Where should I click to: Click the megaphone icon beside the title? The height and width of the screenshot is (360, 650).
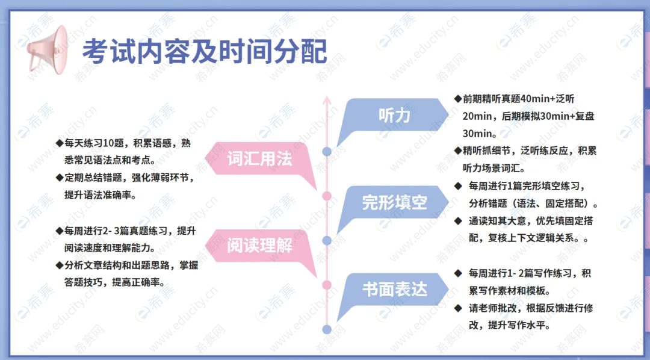(x=48, y=50)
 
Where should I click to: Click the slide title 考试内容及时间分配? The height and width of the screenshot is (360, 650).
(x=205, y=51)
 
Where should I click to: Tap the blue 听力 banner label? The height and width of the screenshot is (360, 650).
(x=394, y=116)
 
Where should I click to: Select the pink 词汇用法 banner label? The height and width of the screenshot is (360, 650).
(x=259, y=158)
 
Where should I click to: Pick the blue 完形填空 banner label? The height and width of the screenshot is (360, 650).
(x=394, y=202)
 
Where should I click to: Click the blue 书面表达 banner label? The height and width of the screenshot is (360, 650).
(x=394, y=290)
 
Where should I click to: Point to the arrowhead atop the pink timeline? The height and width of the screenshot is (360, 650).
(x=327, y=100)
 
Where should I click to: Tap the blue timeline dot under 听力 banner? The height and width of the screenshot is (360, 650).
(x=327, y=151)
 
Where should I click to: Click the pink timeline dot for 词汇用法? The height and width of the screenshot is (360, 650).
(x=327, y=196)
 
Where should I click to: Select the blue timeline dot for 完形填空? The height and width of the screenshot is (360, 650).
(x=327, y=241)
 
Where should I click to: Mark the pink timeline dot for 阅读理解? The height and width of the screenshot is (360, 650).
(x=327, y=285)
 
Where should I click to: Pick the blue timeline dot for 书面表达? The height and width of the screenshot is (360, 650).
(x=327, y=330)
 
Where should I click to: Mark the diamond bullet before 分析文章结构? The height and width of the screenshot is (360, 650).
(x=59, y=265)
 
